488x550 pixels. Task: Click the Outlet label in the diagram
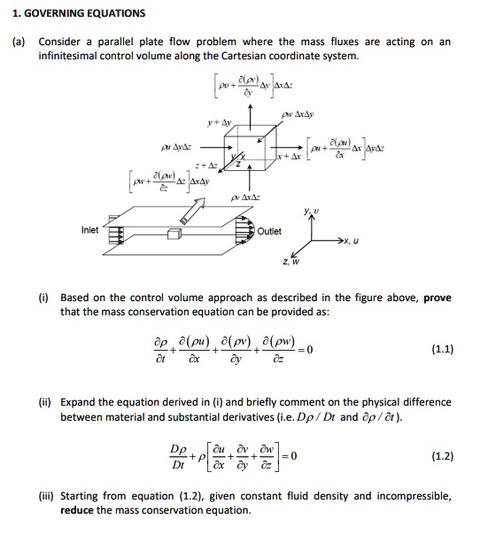(270, 231)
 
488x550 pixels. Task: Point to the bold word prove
(438, 298)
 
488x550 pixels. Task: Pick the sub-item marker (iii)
(47, 497)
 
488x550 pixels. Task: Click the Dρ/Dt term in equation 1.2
(179, 457)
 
